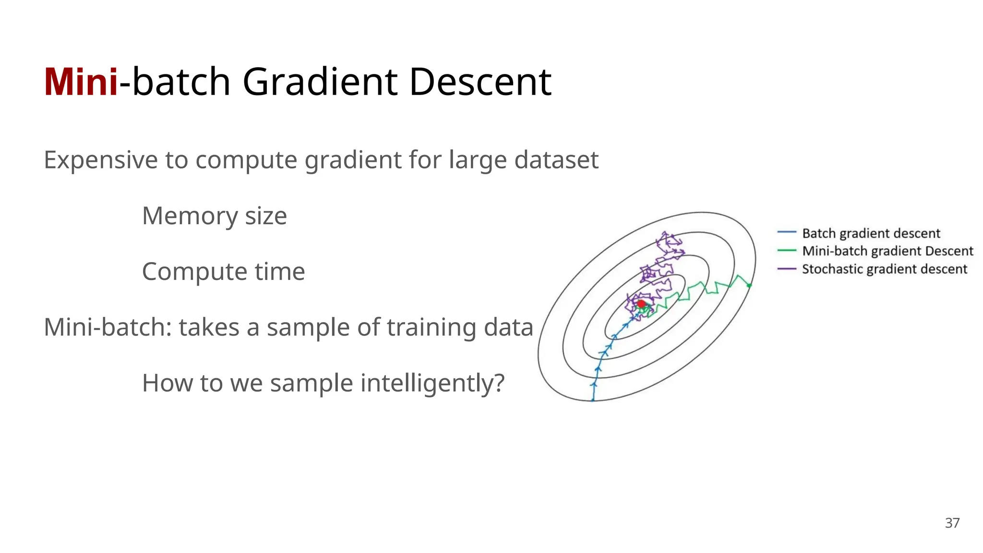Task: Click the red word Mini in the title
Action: pos(81,83)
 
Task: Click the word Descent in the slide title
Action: pos(480,83)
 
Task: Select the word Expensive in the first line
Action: pos(100,160)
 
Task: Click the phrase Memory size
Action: pos(214,216)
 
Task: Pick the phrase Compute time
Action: pos(223,272)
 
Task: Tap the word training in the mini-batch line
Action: pos(431,327)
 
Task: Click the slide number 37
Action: pos(952,523)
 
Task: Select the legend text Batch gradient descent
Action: pos(871,233)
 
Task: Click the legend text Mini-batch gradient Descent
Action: pos(887,251)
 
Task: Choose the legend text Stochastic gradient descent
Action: pos(884,269)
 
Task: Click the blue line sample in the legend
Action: pos(786,232)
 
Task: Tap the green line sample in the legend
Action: pos(786,250)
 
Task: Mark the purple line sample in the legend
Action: pos(786,268)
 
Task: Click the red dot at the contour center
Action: pos(641,303)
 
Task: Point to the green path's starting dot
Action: pos(749,286)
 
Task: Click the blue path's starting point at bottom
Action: pos(593,399)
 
